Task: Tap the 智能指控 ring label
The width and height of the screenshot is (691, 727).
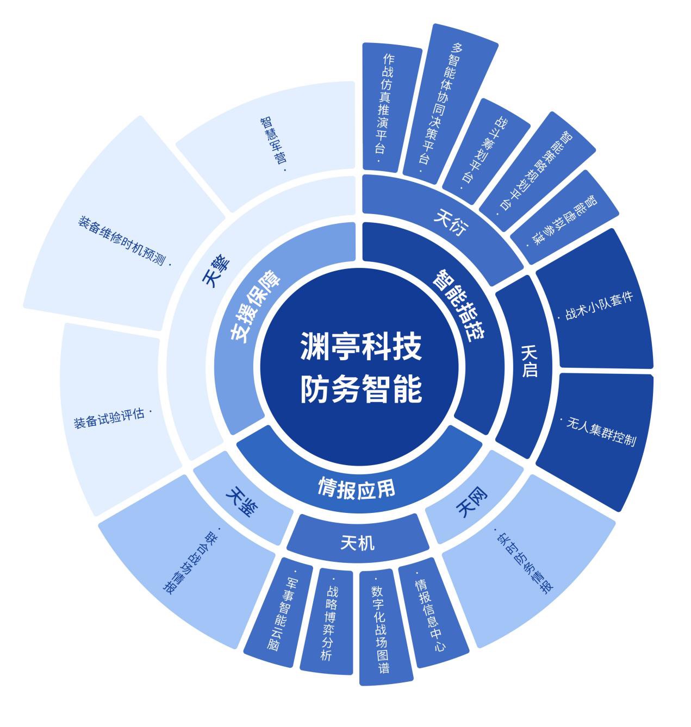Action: pos(459,305)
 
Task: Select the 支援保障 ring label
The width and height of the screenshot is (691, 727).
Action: pos(256,307)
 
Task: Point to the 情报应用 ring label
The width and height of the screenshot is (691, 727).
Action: pos(357,488)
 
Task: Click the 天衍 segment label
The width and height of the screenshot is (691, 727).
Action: pos(451,222)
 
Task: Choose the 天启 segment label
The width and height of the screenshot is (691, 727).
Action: pos(530,361)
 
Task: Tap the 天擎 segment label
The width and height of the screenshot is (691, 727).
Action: pos(216,271)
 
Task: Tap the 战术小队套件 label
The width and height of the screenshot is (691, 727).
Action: pos(596,306)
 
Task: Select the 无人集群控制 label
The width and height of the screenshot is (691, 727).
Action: pos(598,432)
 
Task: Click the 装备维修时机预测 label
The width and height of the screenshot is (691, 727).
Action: pos(124,241)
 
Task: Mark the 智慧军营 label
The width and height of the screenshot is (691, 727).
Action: pos(273,143)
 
